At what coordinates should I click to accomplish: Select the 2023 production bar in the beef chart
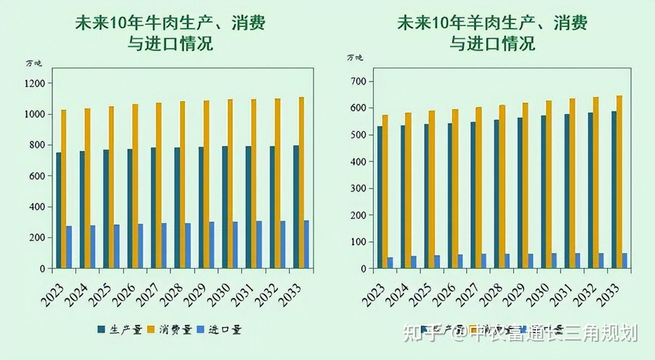tap(59, 210)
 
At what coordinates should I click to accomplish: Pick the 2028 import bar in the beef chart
tap(188, 245)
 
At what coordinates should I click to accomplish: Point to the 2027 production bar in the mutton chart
tap(473, 195)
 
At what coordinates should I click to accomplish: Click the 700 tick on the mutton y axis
tap(359, 81)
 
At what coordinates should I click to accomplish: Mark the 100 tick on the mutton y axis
tap(359, 242)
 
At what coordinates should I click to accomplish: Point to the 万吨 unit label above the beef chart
tap(34, 63)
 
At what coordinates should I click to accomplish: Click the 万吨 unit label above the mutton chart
tap(355, 58)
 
